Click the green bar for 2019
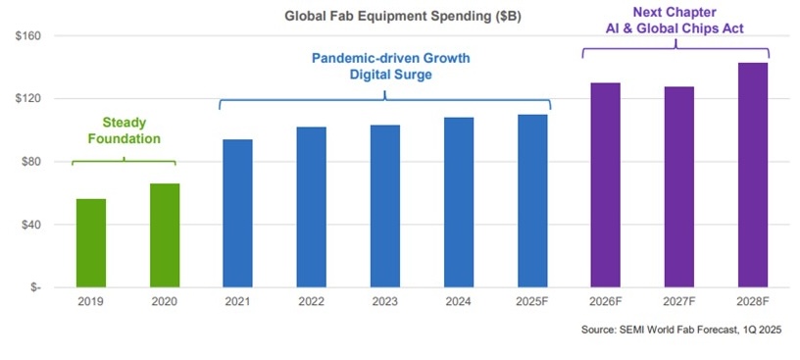coord(91,243)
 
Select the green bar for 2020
coord(165,235)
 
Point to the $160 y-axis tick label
coord(25,36)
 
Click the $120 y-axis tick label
coord(25,99)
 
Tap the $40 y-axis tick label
coord(27,225)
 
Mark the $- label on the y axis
coord(32,287)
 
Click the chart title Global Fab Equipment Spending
coord(388,16)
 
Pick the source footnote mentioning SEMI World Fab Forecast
coord(684,332)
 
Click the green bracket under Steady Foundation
coord(125,160)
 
